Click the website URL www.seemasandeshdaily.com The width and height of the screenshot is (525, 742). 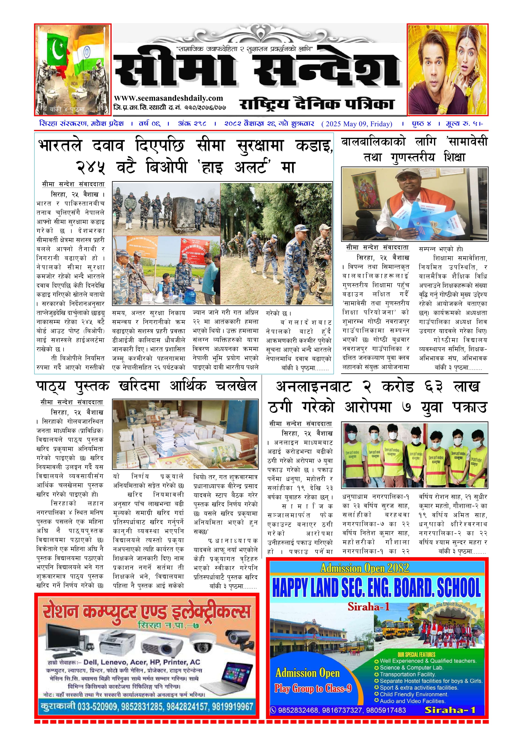(168, 98)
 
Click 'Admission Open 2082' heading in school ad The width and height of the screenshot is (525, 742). (365, 568)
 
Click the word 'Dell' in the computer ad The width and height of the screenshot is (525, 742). (91, 662)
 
